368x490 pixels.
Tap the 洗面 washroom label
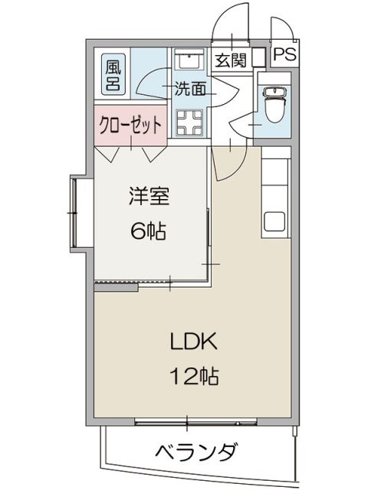[190, 89]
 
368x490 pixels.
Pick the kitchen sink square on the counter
[274, 223]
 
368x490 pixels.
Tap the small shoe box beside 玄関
[258, 57]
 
